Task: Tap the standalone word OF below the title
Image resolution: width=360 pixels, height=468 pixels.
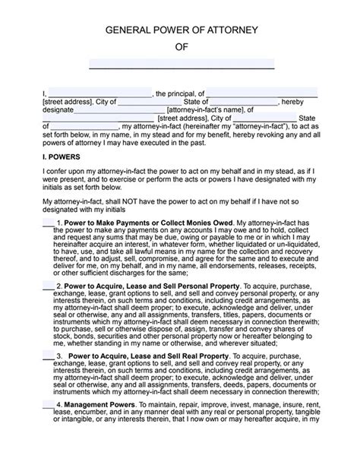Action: pos(180,47)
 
